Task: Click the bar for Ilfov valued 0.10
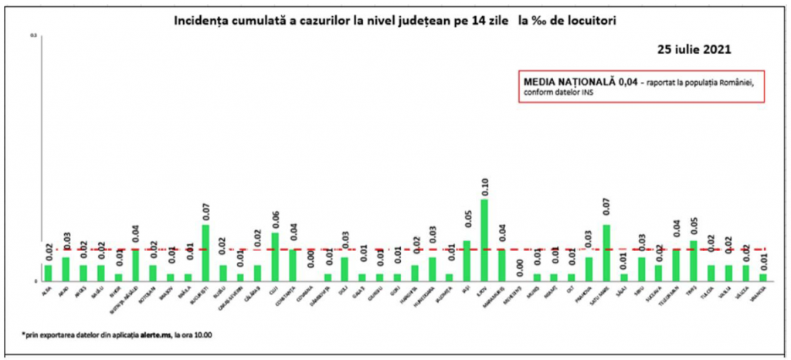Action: point(484,239)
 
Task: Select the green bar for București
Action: point(205,252)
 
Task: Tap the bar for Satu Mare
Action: point(606,252)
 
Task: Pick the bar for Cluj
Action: point(275,256)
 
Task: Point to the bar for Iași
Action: point(467,260)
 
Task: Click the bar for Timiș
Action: point(694,260)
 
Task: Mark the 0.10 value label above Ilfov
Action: point(484,188)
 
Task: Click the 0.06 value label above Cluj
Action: point(275,221)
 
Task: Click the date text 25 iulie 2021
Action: point(694,49)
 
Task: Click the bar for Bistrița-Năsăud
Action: point(135,264)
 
